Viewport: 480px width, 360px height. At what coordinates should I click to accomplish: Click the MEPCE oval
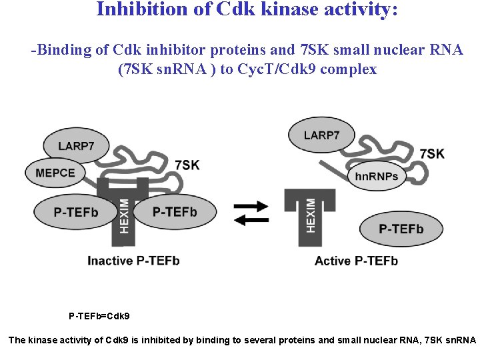click(55, 173)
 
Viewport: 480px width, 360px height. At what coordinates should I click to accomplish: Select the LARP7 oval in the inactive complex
click(75, 146)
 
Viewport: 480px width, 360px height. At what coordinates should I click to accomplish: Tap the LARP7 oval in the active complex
click(321, 135)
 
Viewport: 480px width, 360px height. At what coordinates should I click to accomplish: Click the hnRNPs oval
click(377, 176)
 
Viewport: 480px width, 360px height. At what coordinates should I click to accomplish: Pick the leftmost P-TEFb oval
click(75, 212)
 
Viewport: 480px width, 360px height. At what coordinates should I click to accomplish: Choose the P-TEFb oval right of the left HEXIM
click(175, 212)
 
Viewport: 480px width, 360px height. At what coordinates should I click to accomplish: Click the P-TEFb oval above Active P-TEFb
click(401, 229)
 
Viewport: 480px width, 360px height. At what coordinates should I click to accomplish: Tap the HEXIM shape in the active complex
click(310, 213)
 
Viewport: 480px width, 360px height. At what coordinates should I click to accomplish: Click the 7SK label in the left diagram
click(187, 164)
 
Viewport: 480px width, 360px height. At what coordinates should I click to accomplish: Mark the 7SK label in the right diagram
click(432, 154)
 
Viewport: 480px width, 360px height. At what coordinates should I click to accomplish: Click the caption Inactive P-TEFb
click(133, 261)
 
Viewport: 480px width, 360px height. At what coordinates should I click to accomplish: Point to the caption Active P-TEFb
click(356, 261)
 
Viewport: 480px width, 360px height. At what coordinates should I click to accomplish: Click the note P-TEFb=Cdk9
click(99, 315)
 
